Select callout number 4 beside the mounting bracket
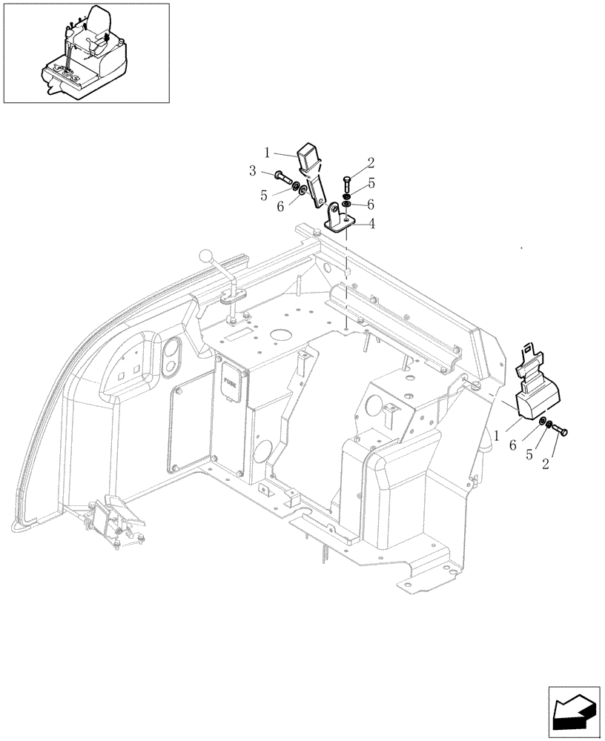(x=371, y=222)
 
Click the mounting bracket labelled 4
(x=341, y=220)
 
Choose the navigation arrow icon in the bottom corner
(x=572, y=712)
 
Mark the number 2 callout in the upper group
(x=370, y=162)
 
